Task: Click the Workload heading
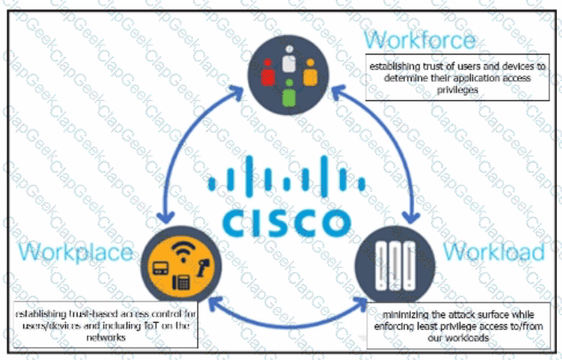pyautogui.click(x=494, y=251)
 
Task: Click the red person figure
pyautogui.click(x=268, y=78)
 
